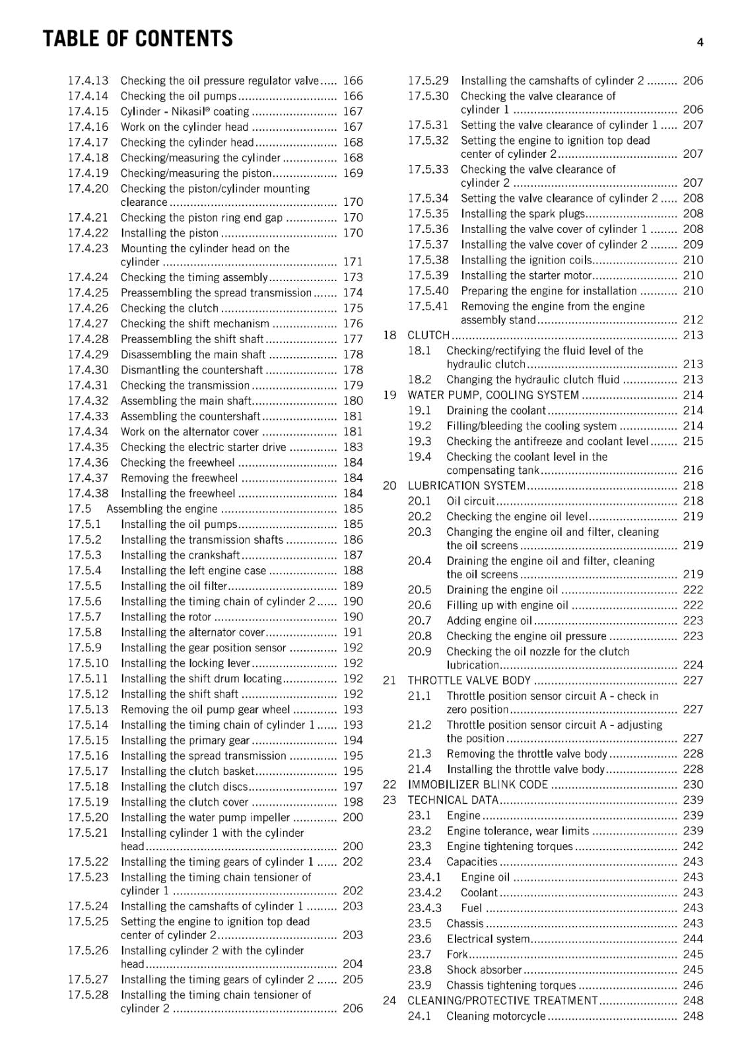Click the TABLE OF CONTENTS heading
[137, 39]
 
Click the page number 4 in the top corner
[700, 43]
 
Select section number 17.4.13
[88, 81]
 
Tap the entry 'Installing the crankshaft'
[180, 555]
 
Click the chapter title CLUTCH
[428, 335]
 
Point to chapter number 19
[390, 395]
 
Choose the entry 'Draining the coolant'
[496, 411]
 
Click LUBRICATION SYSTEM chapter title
[466, 486]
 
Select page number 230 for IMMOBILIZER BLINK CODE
[693, 785]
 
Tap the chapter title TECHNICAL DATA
[453, 800]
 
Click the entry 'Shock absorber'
[484, 970]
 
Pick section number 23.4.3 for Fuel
[424, 908]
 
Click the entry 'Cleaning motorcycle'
[496, 1016]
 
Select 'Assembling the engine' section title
[162, 509]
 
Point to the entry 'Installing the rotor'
[166, 617]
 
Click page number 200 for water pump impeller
[353, 818]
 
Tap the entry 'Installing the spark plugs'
[523, 214]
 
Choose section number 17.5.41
[428, 306]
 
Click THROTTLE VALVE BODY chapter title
[469, 680]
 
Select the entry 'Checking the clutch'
[169, 308]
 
